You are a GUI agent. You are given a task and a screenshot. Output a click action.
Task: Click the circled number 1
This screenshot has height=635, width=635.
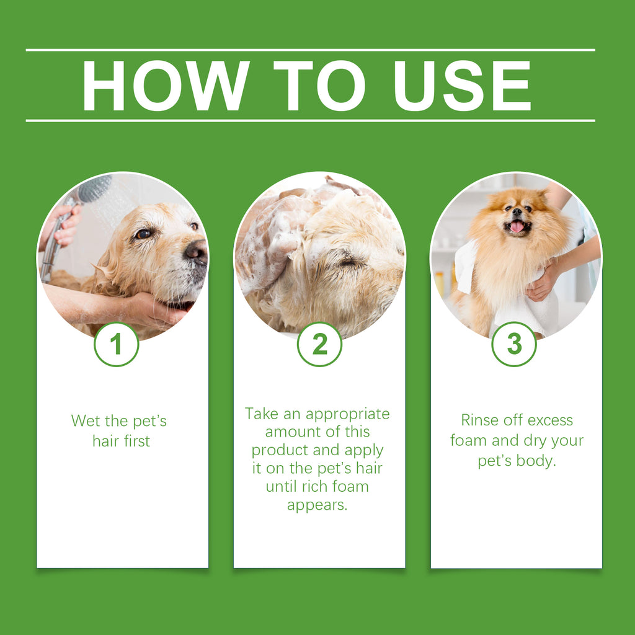pyautogui.click(x=116, y=344)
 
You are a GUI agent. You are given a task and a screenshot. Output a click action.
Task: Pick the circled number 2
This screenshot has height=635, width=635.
pyautogui.click(x=319, y=344)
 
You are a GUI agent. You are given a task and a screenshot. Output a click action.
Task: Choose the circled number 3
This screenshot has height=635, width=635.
pyautogui.click(x=514, y=344)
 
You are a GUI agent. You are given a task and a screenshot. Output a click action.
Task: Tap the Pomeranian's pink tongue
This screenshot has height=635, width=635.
pyautogui.click(x=517, y=226)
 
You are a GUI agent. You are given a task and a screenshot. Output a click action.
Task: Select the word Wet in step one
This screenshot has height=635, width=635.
pyautogui.click(x=85, y=421)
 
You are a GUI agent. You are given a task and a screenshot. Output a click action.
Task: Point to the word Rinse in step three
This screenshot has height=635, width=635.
pyautogui.click(x=480, y=420)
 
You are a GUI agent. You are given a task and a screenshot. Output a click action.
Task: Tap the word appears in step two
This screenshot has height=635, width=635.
pyautogui.click(x=317, y=505)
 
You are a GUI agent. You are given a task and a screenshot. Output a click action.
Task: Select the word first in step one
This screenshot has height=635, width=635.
pyautogui.click(x=136, y=441)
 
